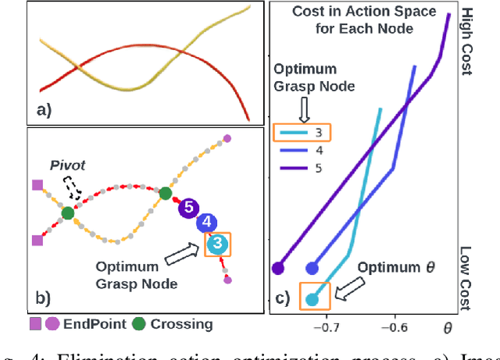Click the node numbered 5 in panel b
(x=188, y=209)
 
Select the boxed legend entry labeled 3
(x=303, y=133)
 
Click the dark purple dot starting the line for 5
(x=278, y=269)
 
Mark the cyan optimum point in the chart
(x=312, y=299)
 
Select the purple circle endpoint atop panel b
(x=227, y=138)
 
